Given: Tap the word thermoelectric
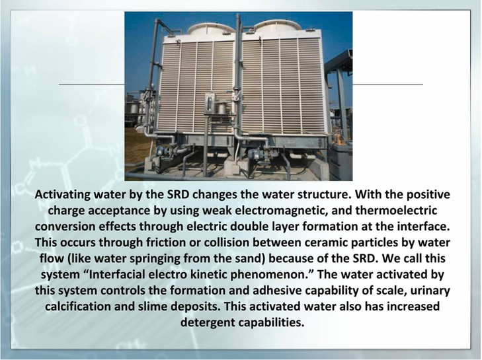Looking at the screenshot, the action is tap(396, 211).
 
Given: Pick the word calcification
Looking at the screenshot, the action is tap(77, 306).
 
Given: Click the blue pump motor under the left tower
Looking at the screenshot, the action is tap(163, 151).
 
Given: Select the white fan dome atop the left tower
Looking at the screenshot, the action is tap(211, 29).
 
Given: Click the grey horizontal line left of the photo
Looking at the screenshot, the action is tap(92, 84).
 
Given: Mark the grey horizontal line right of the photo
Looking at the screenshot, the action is tap(388, 84).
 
